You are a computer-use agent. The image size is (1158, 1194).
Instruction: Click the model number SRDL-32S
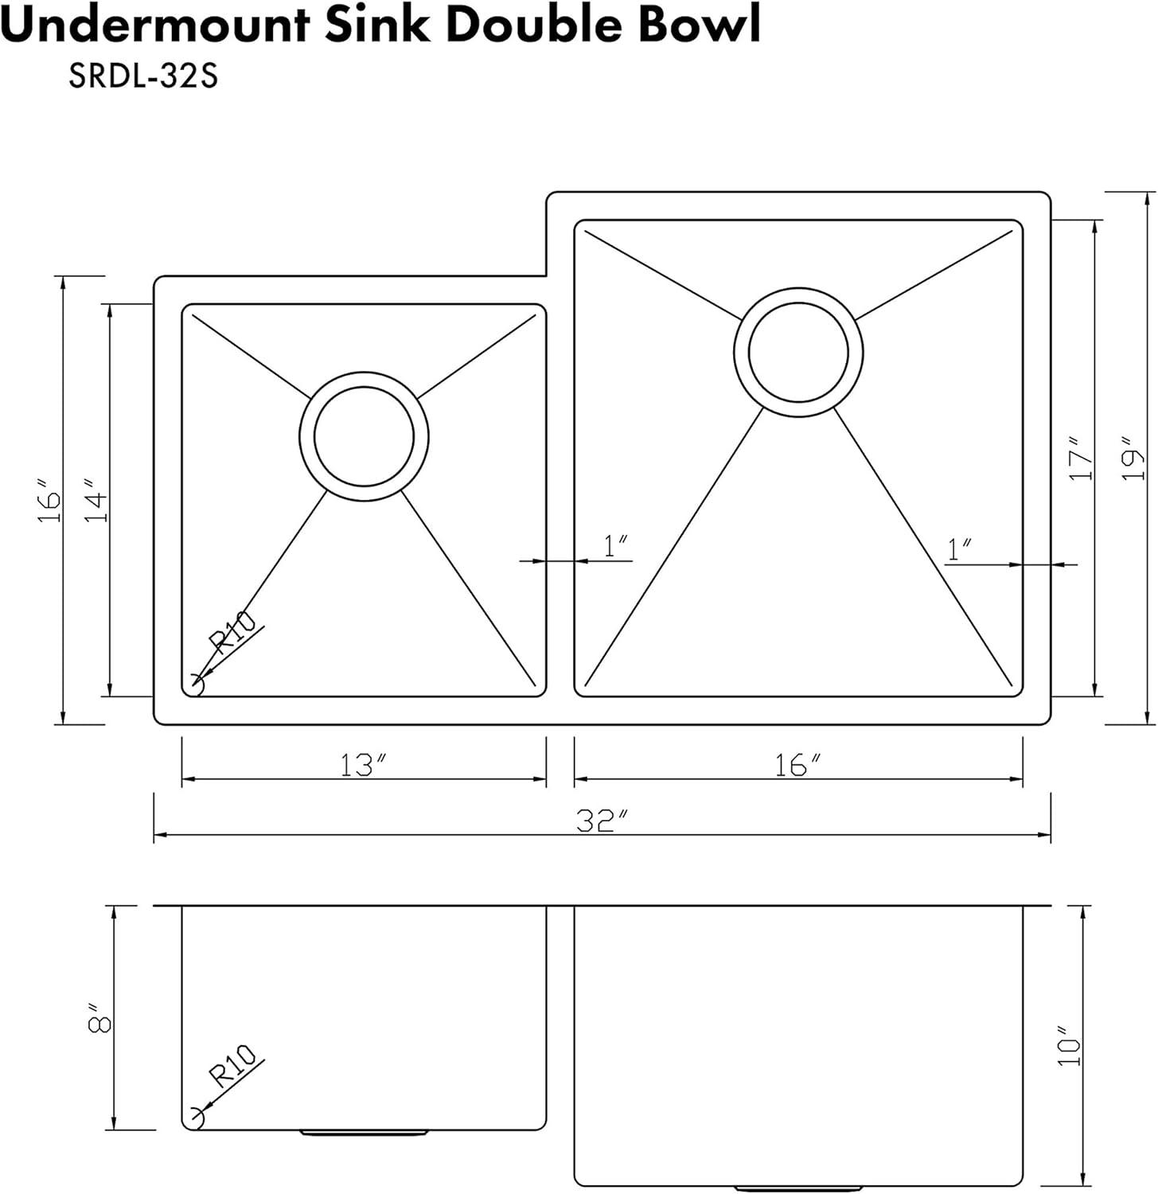143,78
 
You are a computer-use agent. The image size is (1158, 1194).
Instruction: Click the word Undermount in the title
155,25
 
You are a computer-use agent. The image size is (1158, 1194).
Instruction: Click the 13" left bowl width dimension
364,765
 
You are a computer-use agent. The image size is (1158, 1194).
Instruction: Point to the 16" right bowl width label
797,765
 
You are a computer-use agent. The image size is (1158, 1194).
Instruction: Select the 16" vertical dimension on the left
48,500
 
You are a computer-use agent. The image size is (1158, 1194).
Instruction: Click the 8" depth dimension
99,1017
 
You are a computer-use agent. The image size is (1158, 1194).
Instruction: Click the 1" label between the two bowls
616,546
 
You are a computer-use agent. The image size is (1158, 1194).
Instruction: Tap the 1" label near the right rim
960,548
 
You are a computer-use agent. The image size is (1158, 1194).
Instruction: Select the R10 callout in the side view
232,1066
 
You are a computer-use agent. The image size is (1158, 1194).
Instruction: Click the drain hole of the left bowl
364,436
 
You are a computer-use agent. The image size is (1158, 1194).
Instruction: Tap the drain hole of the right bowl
798,352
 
